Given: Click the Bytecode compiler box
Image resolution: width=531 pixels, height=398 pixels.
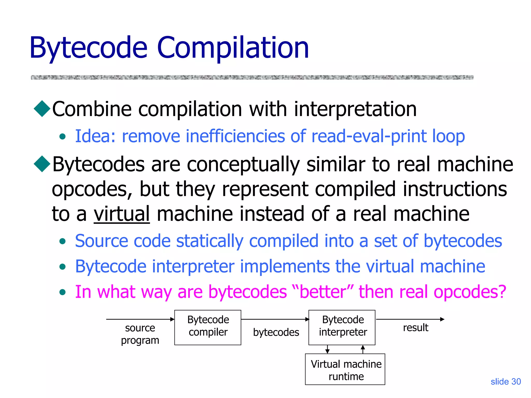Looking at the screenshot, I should point(208,327).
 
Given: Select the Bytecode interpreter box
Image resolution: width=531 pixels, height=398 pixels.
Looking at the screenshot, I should point(342,327).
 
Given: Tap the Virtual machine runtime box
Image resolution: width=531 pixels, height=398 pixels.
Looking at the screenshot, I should point(345,369).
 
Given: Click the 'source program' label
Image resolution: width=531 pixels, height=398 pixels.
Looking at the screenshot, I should point(140,334).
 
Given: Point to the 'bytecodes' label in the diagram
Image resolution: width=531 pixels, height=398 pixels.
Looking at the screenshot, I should point(276,332).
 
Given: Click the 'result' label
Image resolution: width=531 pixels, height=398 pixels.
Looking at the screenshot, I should point(415,328).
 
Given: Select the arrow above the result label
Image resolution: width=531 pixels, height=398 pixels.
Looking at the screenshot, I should point(410,319).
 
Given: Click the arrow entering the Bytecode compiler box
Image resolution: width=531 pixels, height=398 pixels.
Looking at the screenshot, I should point(140,319).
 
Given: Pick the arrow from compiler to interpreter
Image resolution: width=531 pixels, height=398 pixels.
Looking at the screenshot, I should point(275,319).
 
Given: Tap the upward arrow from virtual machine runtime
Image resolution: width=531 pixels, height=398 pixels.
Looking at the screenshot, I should point(363,349).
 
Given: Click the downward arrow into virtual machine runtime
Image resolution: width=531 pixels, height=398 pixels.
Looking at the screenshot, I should point(327,349).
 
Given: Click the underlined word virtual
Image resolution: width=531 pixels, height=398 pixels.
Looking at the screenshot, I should point(122,214).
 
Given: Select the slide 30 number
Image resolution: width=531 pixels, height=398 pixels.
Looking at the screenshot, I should point(506,381).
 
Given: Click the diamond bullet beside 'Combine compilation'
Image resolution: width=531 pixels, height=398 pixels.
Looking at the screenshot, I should point(42,109).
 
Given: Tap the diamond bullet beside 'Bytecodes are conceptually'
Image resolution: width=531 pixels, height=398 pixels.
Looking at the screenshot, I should point(42,164).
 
